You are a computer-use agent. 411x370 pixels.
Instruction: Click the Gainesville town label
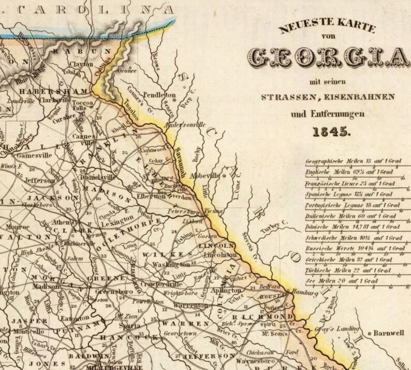pyautogui.click(x=35, y=154)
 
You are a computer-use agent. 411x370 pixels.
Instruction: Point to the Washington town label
pyautogui.click(x=170, y=264)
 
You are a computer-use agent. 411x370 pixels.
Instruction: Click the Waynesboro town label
pyautogui.click(x=253, y=360)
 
